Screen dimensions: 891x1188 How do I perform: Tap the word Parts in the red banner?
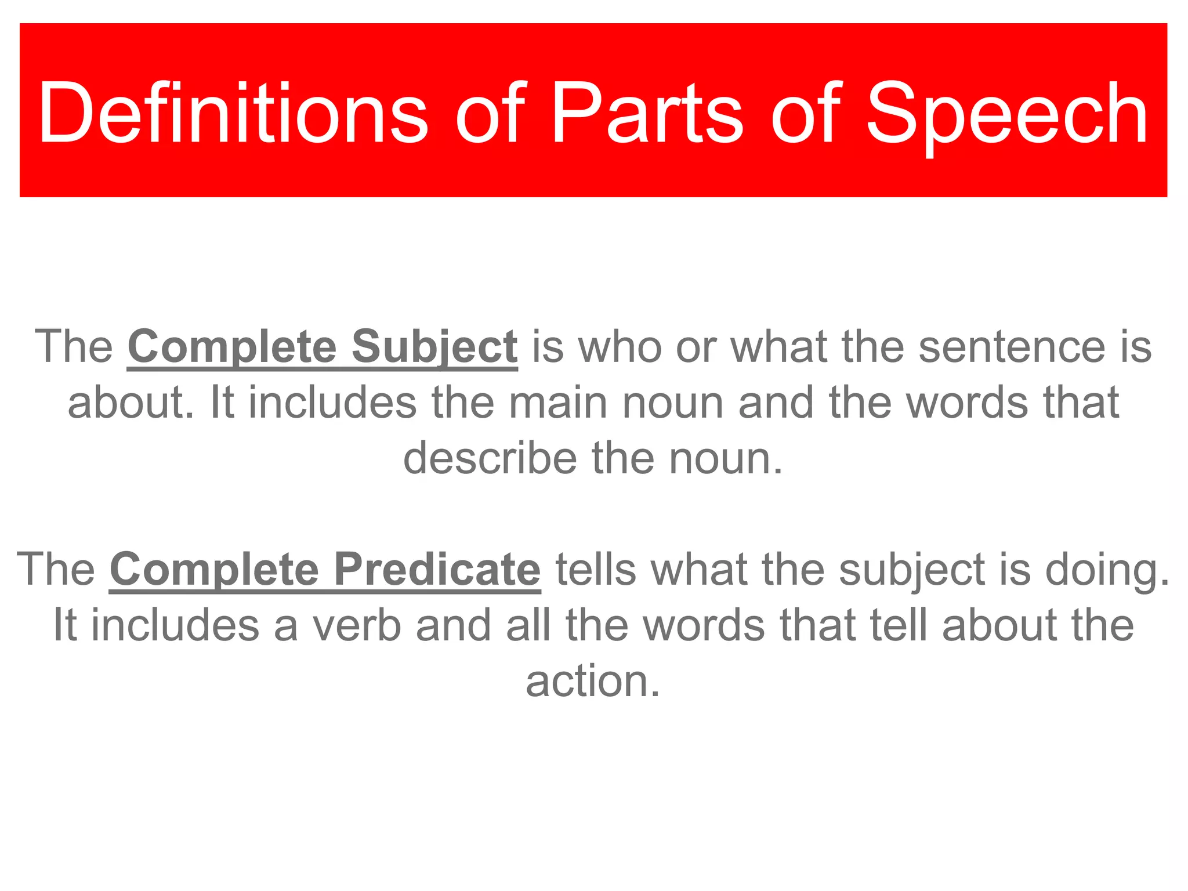[x=647, y=113]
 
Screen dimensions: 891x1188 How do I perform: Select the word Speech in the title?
[x=1006, y=113]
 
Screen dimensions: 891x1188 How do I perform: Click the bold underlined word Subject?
[x=434, y=347]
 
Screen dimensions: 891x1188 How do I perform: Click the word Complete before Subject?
[x=232, y=347]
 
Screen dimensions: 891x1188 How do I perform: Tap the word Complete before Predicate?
[x=214, y=570]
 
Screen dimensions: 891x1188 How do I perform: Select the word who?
[x=620, y=347]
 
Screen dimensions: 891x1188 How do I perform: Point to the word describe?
[x=490, y=458]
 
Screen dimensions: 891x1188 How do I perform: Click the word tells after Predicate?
[x=596, y=570]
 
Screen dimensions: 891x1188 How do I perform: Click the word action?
[x=593, y=681]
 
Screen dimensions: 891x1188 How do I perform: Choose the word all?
[x=528, y=625]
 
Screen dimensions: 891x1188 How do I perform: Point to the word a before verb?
[x=285, y=625]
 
